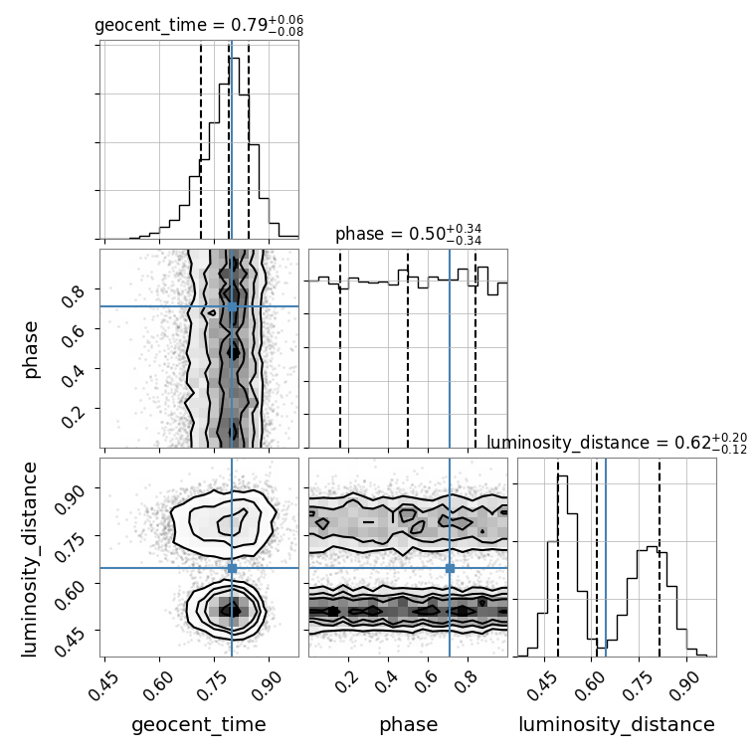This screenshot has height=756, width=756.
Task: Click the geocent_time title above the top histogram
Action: coord(199,26)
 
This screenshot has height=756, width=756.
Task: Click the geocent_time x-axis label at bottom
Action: coord(199,724)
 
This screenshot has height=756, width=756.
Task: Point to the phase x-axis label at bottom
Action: coord(409,725)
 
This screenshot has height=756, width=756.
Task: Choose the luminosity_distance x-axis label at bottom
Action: coord(617,724)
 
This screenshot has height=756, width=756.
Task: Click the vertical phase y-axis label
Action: coord(30,349)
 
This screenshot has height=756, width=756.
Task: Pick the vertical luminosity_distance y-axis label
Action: coord(29,558)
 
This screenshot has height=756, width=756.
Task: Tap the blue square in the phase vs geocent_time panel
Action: coord(232,306)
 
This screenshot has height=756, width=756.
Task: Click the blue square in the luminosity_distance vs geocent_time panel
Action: coord(232,568)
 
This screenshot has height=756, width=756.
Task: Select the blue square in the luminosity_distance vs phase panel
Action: coord(450,568)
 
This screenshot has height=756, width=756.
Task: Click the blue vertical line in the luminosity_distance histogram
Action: coord(606,557)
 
